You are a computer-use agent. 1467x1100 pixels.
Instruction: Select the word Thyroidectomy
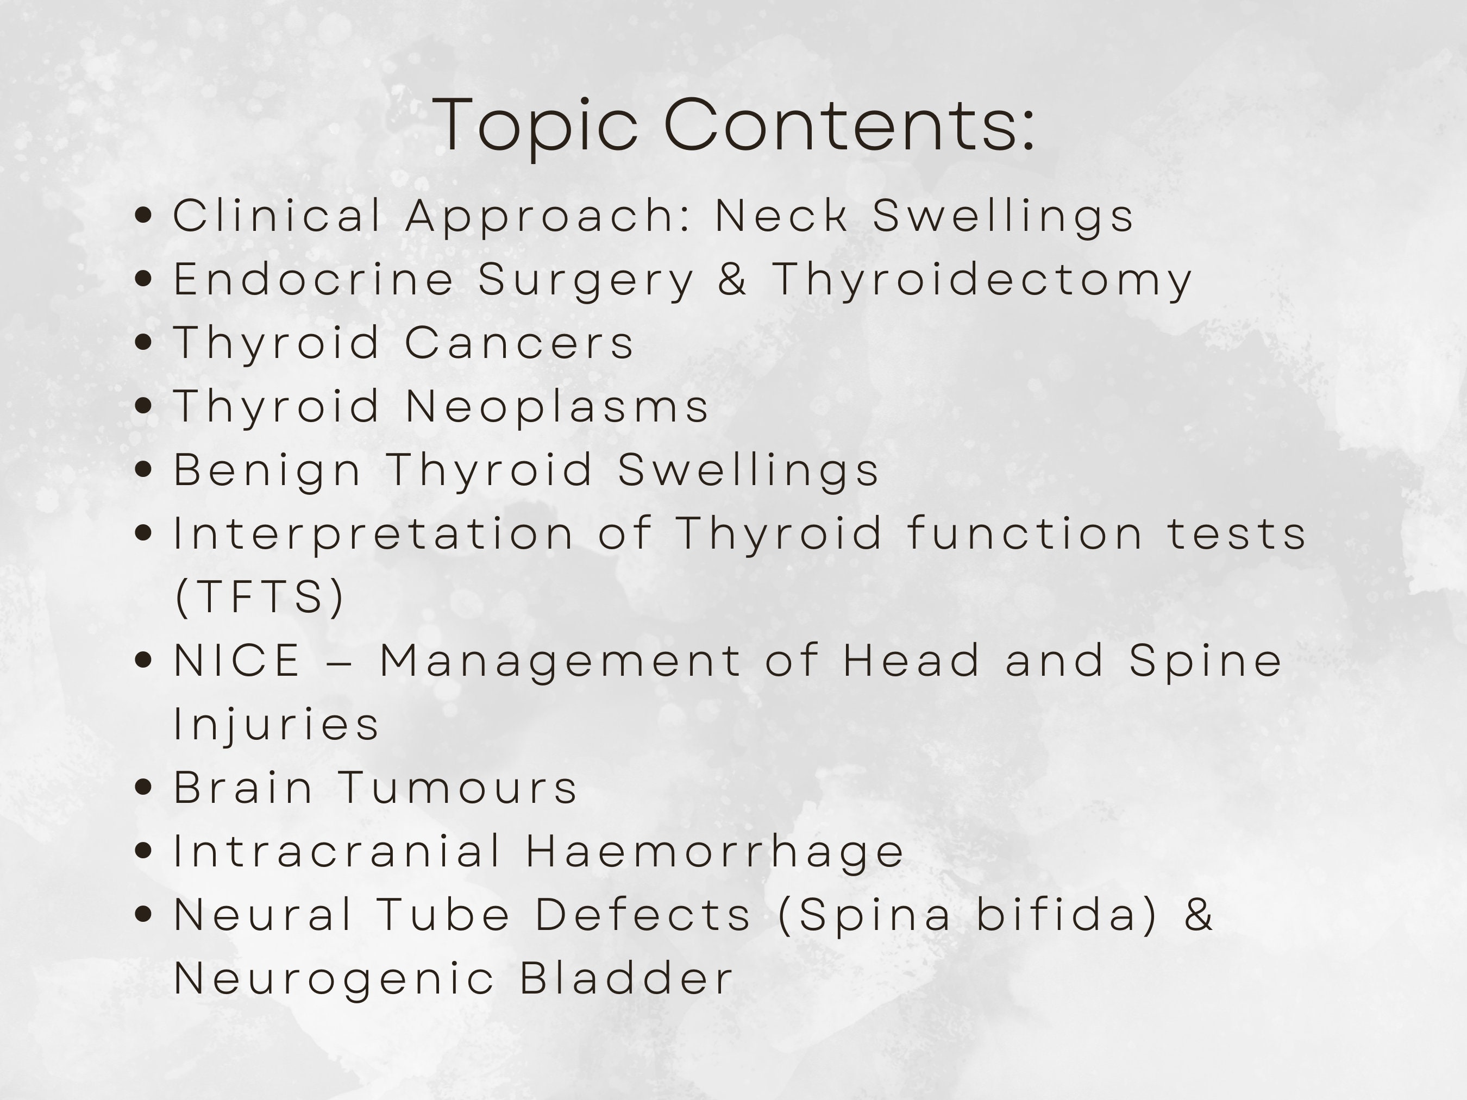[x=982, y=279]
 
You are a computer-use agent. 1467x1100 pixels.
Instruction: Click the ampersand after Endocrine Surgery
[x=732, y=279]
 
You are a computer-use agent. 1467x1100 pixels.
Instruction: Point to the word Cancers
[x=519, y=343]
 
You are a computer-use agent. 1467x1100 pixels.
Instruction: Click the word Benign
[x=267, y=470]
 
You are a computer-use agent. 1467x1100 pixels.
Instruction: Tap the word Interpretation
[x=373, y=534]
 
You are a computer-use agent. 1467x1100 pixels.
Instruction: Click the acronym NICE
[x=237, y=661]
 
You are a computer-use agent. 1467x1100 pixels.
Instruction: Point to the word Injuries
[x=276, y=724]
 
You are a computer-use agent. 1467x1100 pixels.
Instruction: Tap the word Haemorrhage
[x=715, y=851]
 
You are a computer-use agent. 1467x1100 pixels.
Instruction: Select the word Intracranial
[x=337, y=851]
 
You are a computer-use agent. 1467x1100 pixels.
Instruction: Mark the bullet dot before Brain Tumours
[x=143, y=788]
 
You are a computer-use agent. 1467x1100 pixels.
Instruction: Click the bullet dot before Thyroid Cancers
[x=143, y=343]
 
